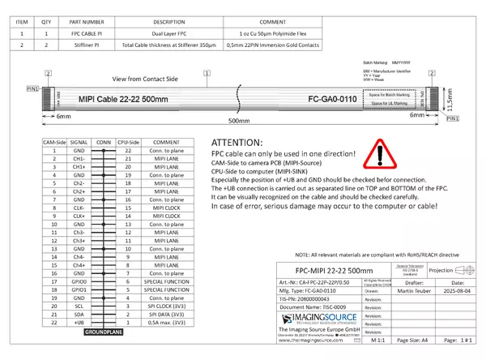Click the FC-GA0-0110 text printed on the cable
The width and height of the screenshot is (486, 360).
coord(343,99)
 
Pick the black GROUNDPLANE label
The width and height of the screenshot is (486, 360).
coord(103,332)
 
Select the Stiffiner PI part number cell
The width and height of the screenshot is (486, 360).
coord(87,45)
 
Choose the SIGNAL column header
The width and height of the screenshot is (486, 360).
coord(79,142)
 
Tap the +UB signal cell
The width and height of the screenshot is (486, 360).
coord(79,322)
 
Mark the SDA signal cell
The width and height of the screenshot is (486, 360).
coord(79,315)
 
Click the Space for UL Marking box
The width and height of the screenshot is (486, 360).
coord(388,104)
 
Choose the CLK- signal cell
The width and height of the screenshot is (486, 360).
coord(79,207)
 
